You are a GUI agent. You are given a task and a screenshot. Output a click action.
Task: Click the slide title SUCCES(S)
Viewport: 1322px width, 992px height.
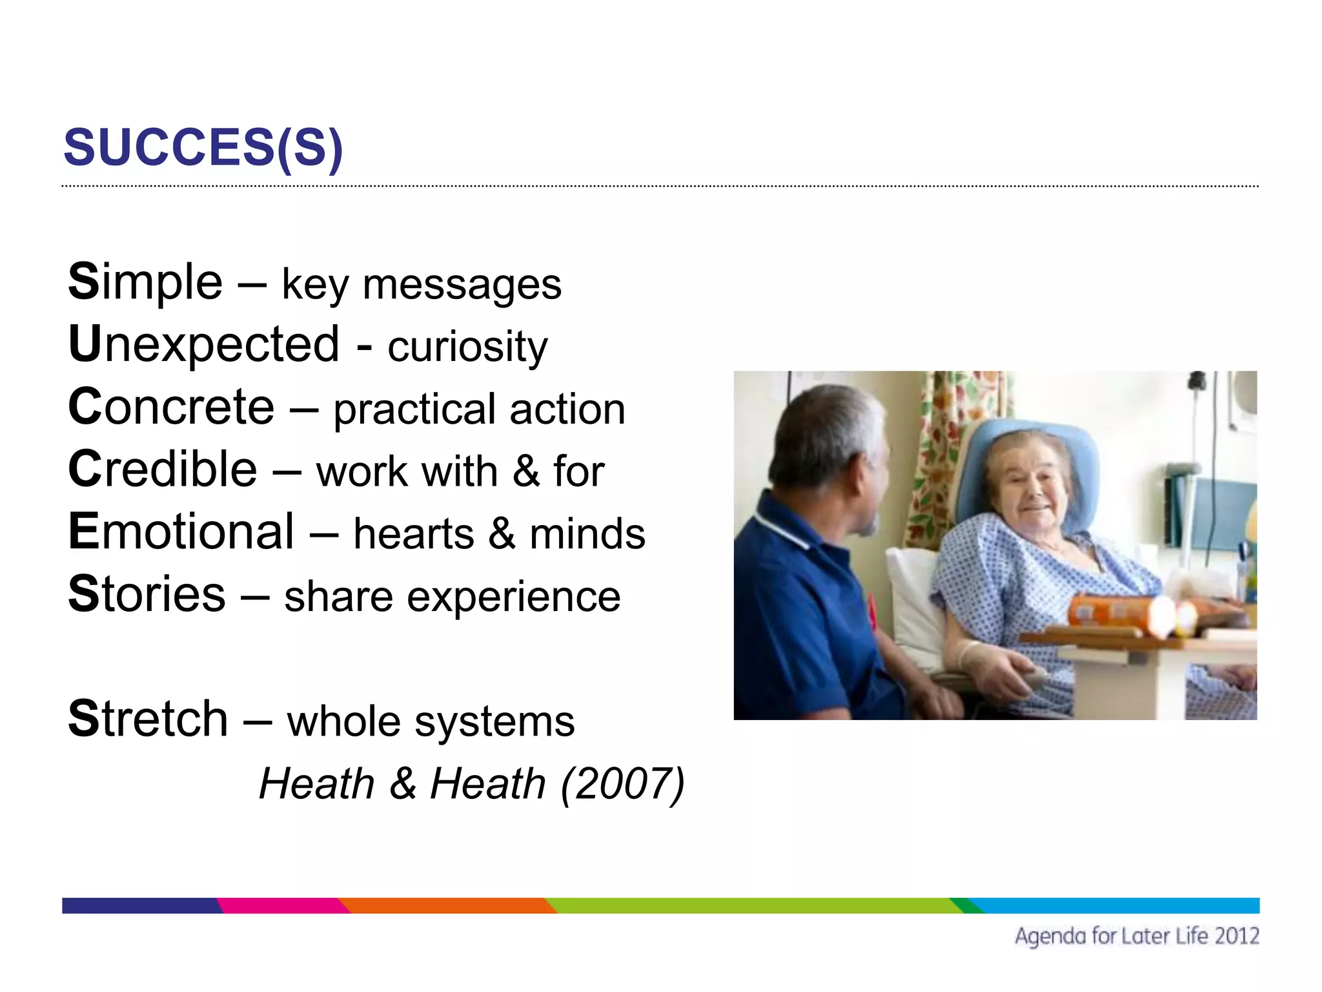click(x=203, y=147)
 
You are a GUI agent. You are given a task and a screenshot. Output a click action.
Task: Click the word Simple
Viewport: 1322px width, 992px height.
click(x=145, y=282)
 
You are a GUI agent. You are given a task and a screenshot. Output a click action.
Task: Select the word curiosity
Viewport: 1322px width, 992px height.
click(x=467, y=347)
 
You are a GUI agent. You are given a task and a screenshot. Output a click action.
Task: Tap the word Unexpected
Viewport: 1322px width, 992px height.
click(x=203, y=344)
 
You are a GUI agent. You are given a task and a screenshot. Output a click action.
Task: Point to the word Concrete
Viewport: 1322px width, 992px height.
click(x=171, y=407)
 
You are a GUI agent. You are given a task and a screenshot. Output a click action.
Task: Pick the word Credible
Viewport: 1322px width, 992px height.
click(x=163, y=470)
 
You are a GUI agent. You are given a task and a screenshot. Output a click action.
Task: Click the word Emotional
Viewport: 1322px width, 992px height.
click(x=181, y=532)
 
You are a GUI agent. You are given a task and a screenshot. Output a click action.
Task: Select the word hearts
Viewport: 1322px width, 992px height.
click(x=414, y=534)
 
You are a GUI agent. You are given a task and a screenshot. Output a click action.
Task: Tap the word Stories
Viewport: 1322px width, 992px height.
click(x=147, y=594)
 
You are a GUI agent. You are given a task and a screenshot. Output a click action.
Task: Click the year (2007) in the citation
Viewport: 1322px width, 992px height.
click(x=622, y=784)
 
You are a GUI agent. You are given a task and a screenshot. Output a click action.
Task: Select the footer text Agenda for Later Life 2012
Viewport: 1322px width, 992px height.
click(x=1136, y=936)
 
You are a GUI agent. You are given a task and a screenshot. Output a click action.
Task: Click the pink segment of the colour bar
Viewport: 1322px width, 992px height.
click(x=281, y=905)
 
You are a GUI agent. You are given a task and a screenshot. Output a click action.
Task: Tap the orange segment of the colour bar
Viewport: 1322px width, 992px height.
click(x=445, y=905)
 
